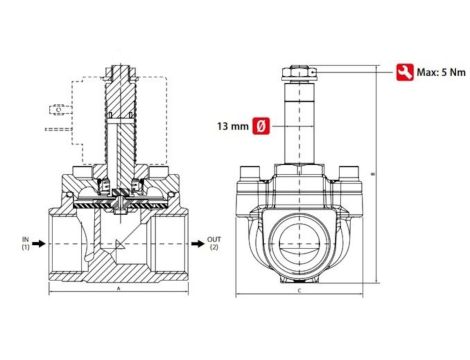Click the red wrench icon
pyautogui.click(x=405, y=72)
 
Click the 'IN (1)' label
pyautogui.click(x=26, y=243)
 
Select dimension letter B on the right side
pyautogui.click(x=373, y=177)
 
